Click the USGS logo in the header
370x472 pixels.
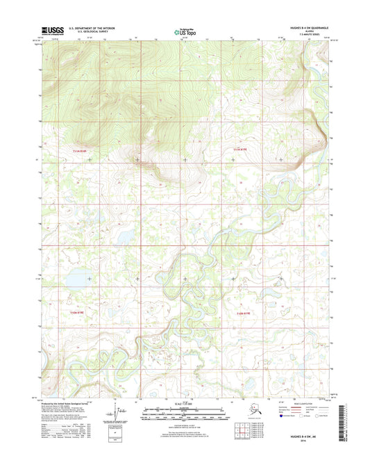point(53,31)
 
